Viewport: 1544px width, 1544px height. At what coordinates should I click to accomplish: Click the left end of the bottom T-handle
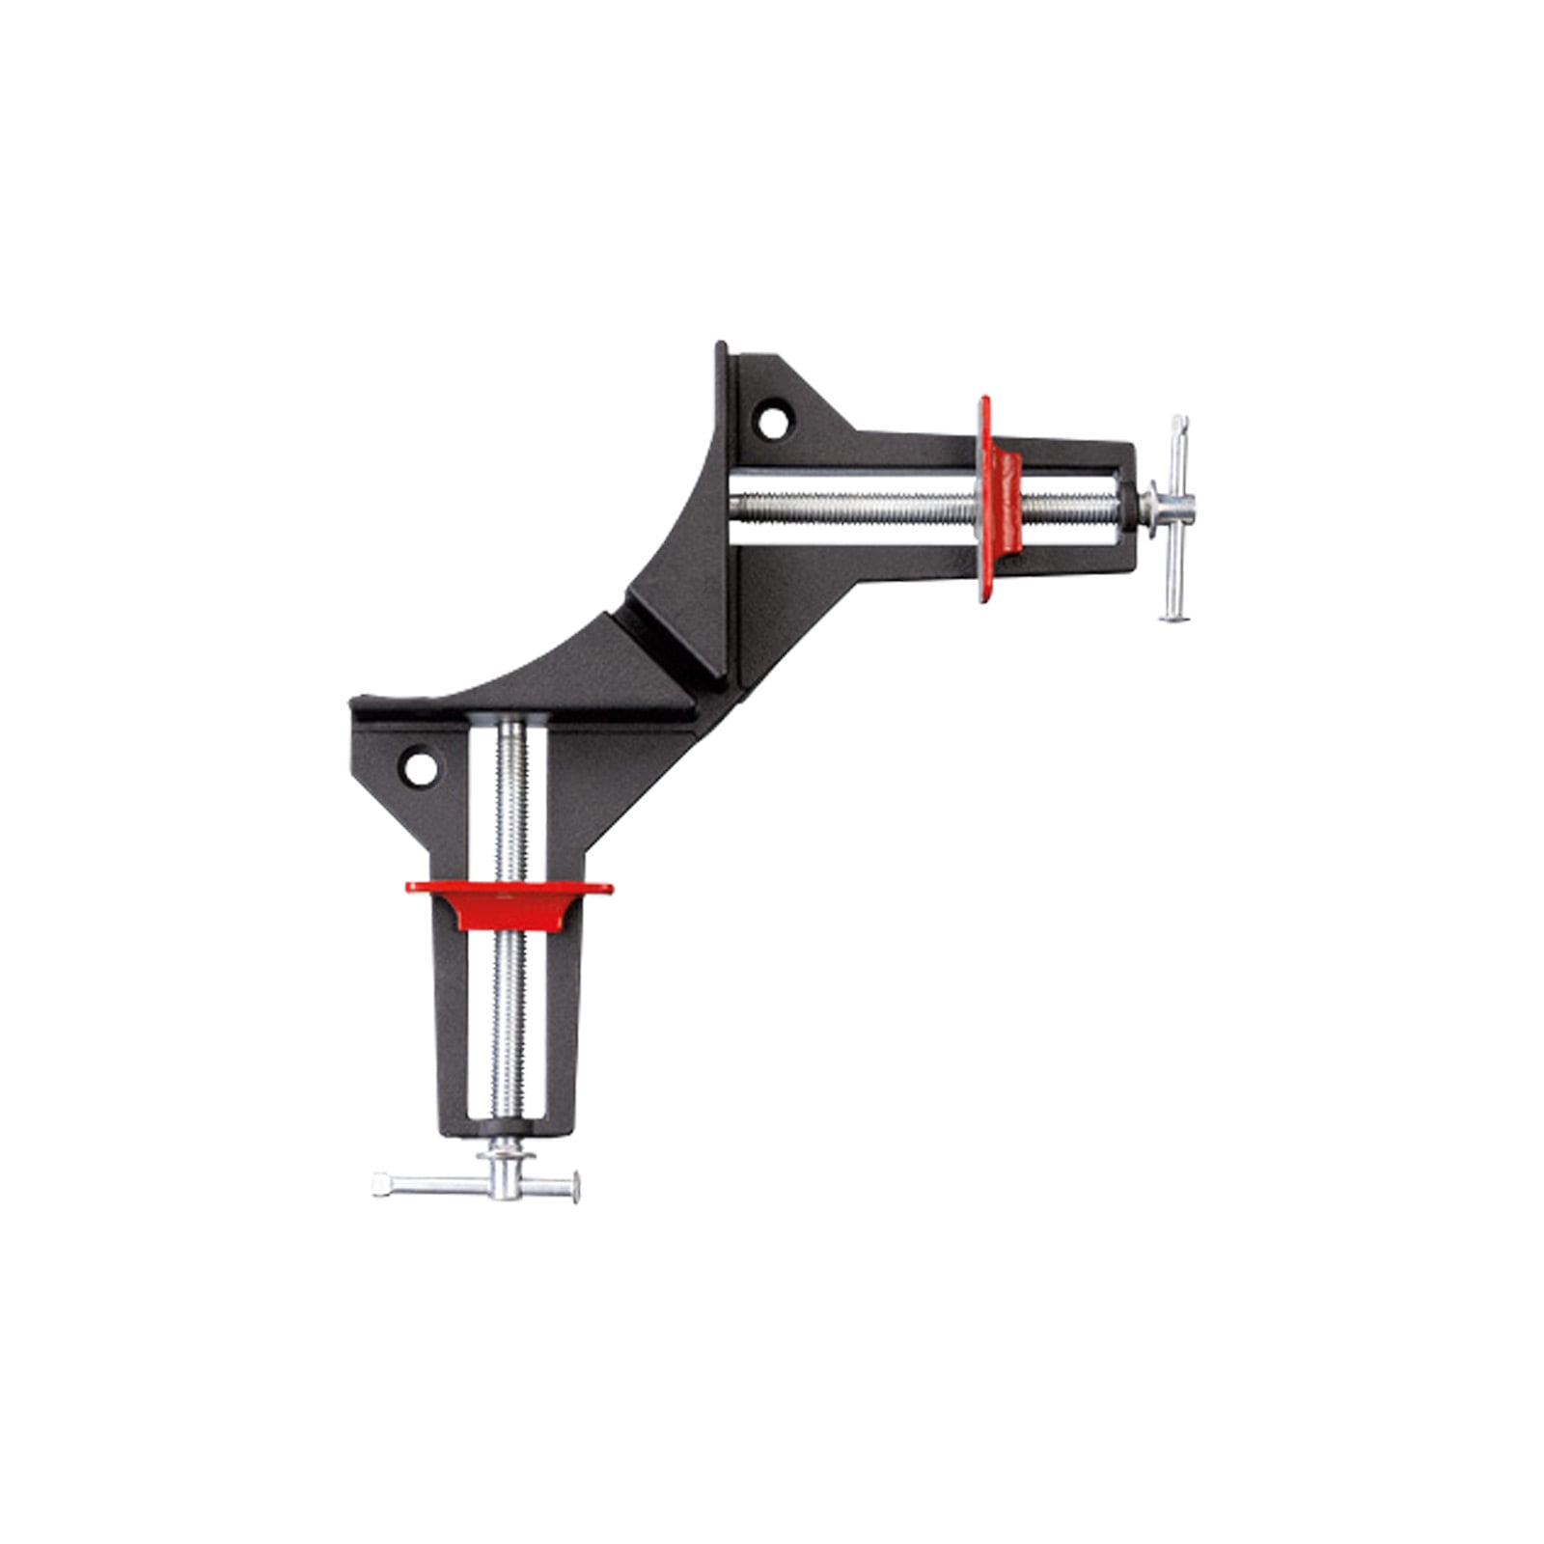point(379,1180)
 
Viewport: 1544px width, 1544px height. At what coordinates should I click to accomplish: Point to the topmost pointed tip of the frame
point(719,345)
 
